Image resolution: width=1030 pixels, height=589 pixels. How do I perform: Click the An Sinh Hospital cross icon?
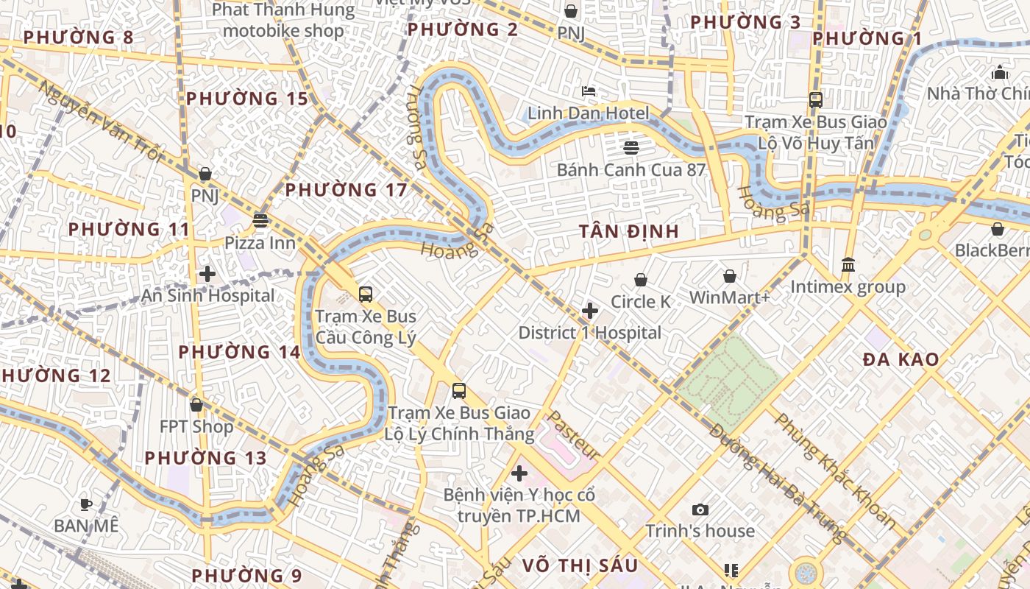click(207, 274)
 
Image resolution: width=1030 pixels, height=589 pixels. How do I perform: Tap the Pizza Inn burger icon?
click(260, 220)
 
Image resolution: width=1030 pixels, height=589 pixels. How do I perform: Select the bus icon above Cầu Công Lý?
click(366, 294)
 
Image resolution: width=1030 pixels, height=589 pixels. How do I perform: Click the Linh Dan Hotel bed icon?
click(589, 92)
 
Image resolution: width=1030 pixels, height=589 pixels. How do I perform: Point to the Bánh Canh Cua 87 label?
click(631, 170)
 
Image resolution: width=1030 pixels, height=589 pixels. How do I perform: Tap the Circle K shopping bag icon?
click(641, 280)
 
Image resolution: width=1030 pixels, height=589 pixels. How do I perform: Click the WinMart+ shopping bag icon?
click(730, 276)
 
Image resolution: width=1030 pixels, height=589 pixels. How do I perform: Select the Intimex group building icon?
click(848, 264)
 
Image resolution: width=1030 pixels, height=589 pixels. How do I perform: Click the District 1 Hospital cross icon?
click(590, 311)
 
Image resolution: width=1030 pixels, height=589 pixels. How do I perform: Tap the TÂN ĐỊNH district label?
click(628, 231)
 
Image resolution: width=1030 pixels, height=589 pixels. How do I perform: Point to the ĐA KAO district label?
click(901, 359)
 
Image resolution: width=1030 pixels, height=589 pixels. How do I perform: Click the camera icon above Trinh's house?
click(700, 509)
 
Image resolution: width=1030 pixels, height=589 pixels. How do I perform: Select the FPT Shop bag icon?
click(196, 405)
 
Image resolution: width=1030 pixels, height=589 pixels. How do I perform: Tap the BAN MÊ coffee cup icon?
click(86, 504)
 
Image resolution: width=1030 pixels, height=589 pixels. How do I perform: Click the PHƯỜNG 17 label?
click(346, 190)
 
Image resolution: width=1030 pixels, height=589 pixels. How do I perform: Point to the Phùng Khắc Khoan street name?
click(835, 471)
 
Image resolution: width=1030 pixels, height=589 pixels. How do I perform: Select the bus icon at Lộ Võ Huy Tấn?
click(816, 99)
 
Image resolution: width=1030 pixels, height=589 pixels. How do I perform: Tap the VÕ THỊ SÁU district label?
click(580, 565)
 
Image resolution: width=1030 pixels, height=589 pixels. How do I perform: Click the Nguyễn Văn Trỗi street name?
click(99, 121)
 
